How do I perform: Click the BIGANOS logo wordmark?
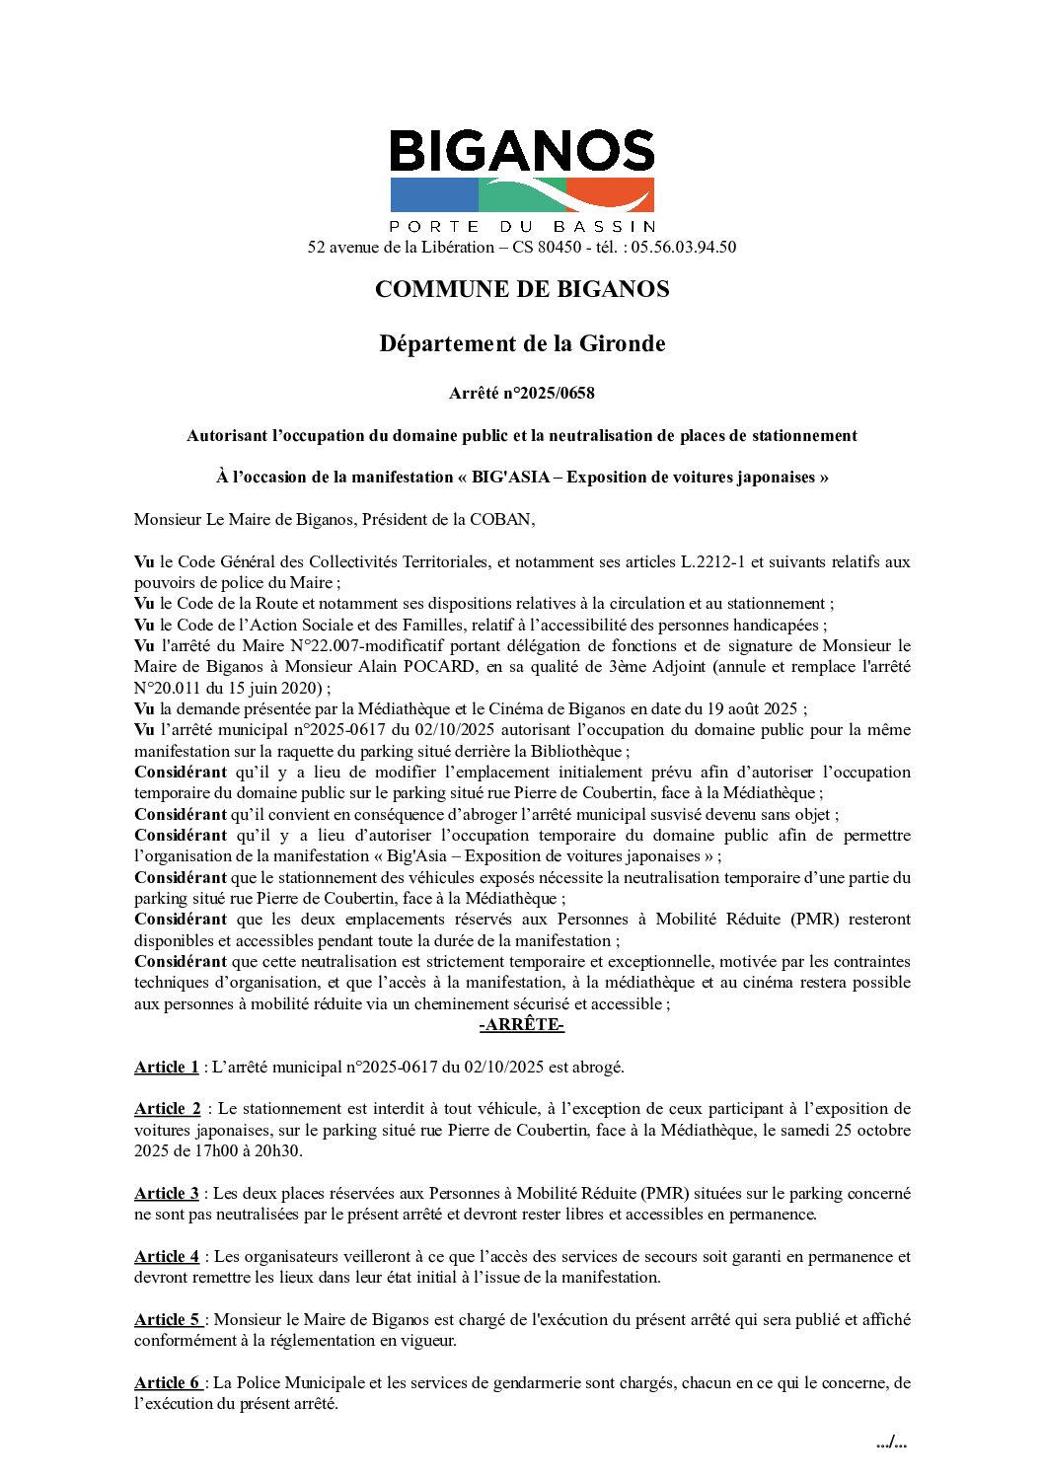pos(522,152)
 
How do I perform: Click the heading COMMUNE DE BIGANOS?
pos(522,289)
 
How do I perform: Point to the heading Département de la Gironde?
pos(522,343)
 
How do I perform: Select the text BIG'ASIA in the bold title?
pos(509,478)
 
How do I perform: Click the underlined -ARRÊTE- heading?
pos(522,1025)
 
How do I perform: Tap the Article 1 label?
pos(166,1067)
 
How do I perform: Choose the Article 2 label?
pos(167,1109)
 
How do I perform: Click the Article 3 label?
pos(166,1193)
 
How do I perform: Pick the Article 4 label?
pos(166,1256)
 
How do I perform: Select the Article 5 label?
pos(167,1319)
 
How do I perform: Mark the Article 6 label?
pos(167,1382)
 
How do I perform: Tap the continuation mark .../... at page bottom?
pos(891,1443)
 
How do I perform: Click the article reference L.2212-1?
pos(712,562)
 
